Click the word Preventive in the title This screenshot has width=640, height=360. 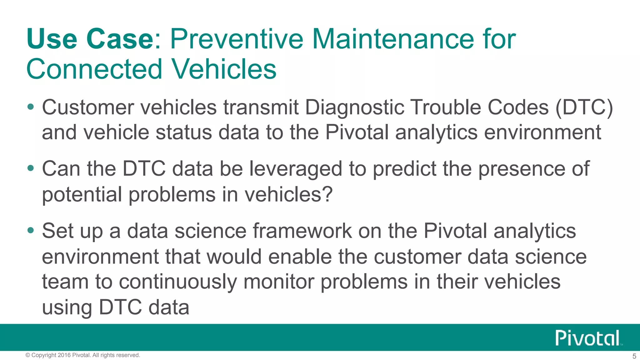click(236, 39)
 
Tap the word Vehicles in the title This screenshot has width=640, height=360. click(224, 69)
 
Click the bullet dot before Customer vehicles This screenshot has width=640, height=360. click(30, 107)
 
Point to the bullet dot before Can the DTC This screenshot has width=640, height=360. click(30, 168)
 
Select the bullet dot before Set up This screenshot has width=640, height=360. click(30, 231)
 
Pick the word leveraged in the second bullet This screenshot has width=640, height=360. click(296, 169)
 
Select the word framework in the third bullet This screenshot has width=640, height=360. click(302, 231)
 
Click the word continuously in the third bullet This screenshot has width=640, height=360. click(178, 282)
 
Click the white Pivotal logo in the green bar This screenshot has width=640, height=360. click(588, 338)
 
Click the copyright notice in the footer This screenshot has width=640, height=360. click(83, 355)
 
